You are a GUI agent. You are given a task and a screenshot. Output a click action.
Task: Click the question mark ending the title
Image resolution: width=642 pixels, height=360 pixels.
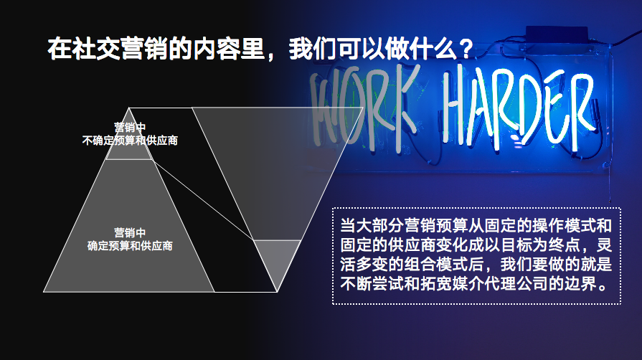[x=466, y=49]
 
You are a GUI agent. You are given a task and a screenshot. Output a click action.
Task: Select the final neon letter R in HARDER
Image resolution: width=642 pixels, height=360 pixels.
[x=583, y=108]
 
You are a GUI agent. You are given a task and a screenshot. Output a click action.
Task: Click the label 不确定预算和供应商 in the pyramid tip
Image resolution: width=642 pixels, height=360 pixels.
[x=130, y=141]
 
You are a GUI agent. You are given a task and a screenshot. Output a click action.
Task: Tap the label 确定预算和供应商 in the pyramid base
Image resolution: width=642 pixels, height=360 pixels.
[x=130, y=246]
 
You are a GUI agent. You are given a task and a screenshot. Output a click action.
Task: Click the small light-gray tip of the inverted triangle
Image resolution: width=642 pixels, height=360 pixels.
[x=277, y=262]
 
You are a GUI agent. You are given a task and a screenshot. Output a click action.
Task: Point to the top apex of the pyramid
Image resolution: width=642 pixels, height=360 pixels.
[x=129, y=108]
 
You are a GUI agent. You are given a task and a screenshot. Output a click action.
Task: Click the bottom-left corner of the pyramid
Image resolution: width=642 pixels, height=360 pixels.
[x=44, y=292]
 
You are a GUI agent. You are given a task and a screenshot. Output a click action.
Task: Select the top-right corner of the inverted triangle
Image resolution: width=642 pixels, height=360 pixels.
[x=363, y=108]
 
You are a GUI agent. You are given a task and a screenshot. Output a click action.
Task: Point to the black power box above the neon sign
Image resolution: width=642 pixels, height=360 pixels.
[x=557, y=34]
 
